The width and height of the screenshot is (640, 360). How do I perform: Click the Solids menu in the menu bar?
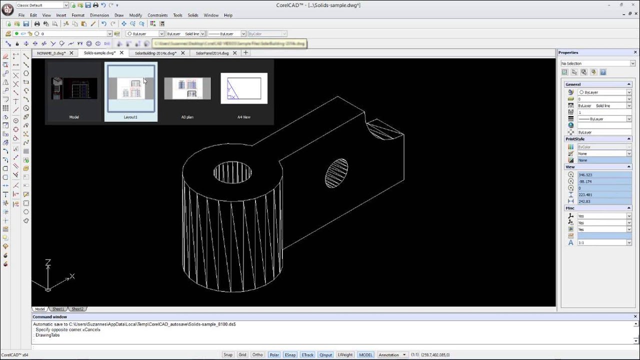pos(193,15)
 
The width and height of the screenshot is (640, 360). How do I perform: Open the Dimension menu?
pos(99,15)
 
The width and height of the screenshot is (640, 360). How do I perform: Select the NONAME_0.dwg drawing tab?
pos(51,53)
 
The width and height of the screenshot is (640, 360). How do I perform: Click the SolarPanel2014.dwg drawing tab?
pos(212,53)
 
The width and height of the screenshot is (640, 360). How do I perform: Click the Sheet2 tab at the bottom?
pos(77,309)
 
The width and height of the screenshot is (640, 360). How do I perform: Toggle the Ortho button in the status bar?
pos(257,355)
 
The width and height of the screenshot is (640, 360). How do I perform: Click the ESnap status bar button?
pos(290,355)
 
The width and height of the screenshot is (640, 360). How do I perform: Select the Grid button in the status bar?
pos(242,355)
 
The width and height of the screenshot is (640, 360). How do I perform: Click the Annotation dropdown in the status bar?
pos(392,355)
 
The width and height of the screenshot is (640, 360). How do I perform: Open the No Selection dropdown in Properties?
pos(597,63)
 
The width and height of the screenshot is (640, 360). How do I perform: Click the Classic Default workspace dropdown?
pos(42,5)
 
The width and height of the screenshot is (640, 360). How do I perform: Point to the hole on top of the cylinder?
pos(232,172)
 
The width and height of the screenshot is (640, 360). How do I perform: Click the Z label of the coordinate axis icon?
pos(48,262)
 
